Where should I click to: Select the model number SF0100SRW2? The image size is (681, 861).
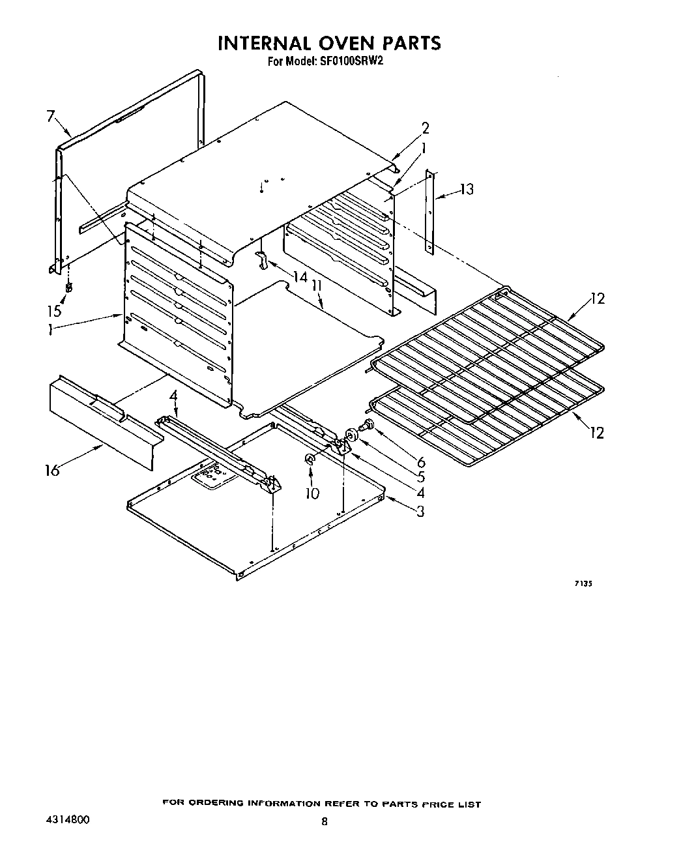pos(356,63)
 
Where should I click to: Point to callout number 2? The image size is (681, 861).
pos(425,127)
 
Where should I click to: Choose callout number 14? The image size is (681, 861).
pos(299,277)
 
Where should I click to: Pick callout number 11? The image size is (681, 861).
pos(317,286)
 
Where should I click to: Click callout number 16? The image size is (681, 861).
pos(51,469)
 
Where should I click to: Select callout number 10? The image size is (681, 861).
pos(312,493)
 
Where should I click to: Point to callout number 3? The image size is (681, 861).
pos(420,511)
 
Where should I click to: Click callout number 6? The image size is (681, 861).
pos(421,445)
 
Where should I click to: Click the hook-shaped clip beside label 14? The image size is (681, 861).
pos(263,258)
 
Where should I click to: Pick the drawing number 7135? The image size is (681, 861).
pos(583,585)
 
